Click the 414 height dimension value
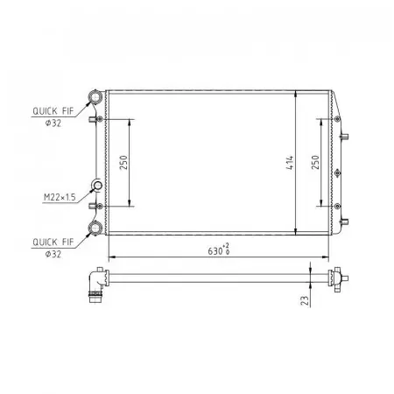(x=290, y=163)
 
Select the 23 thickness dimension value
(x=305, y=300)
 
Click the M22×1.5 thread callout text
(x=60, y=197)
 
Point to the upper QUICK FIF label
(x=53, y=111)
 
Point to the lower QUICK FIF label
(x=53, y=242)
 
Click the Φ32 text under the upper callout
(x=53, y=123)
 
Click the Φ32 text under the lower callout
(x=53, y=254)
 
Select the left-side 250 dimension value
(x=123, y=163)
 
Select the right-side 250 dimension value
(x=315, y=162)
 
